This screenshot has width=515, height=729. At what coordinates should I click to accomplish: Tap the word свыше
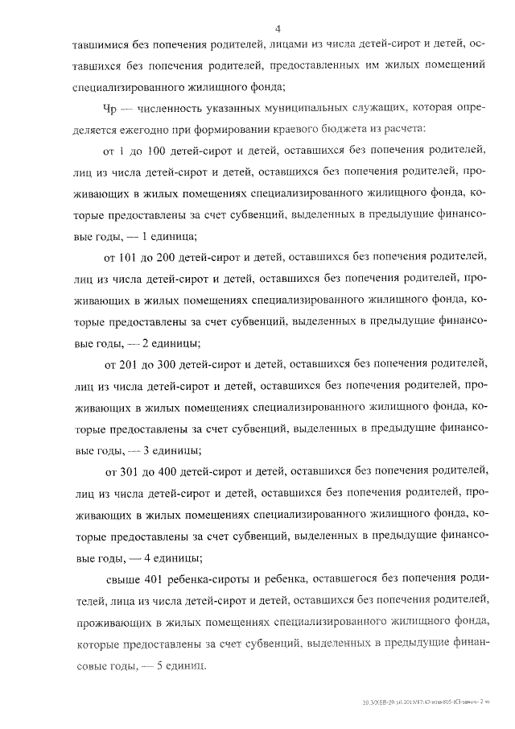(x=125, y=578)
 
